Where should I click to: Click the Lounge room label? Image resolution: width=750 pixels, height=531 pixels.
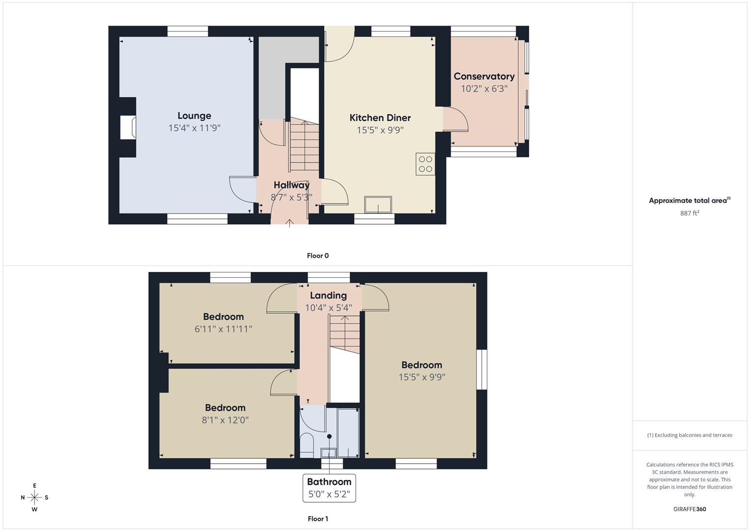(x=194, y=116)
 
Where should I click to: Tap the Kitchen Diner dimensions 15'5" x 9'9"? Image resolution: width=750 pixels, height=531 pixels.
(x=380, y=130)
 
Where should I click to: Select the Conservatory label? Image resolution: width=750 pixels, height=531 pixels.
(x=484, y=76)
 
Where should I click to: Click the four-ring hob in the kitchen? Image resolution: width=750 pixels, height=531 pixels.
(x=425, y=164)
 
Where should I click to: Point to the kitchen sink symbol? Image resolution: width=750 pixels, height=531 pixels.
(x=378, y=205)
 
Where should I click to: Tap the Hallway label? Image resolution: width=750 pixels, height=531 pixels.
(x=292, y=185)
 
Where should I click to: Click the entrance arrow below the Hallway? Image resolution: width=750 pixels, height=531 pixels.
(x=289, y=223)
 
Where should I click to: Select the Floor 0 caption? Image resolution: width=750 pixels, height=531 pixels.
(x=318, y=256)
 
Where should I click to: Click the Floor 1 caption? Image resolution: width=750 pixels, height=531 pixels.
(x=318, y=519)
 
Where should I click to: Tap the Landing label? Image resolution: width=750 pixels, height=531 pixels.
(x=328, y=295)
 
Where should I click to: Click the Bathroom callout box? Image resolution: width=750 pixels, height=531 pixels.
(x=329, y=488)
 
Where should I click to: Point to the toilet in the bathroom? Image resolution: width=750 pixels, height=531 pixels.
(x=306, y=445)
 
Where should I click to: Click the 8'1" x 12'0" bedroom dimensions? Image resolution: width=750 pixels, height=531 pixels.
(x=225, y=420)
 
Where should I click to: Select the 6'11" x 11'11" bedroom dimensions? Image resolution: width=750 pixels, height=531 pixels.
(x=223, y=329)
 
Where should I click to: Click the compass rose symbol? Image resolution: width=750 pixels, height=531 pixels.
(x=34, y=498)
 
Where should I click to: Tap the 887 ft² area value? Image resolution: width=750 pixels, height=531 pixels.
(x=690, y=213)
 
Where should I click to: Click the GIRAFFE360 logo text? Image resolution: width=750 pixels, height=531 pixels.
(x=690, y=509)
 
